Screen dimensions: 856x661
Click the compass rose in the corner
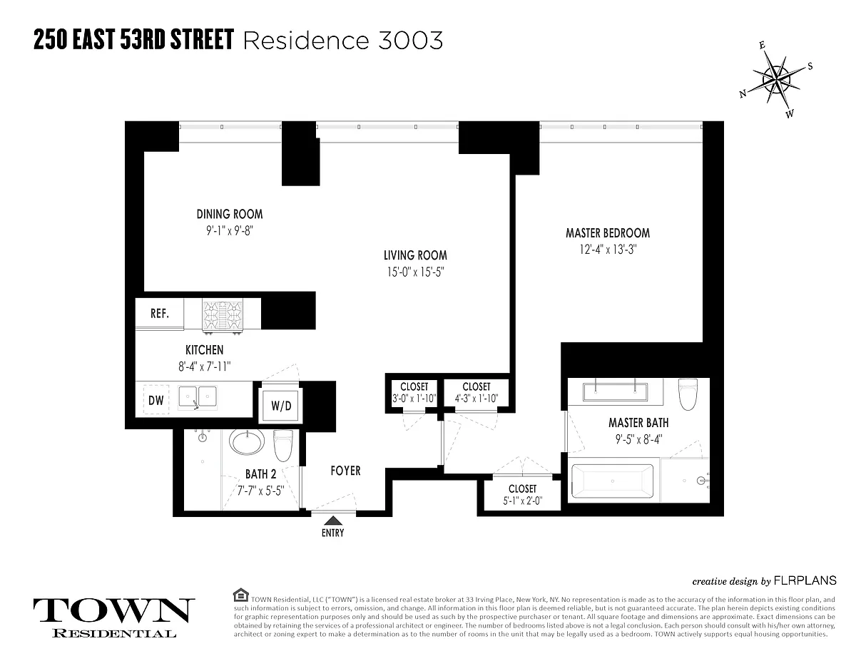point(775,80)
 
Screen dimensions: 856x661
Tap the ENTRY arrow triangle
point(333,521)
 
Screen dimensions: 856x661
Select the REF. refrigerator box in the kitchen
point(160,313)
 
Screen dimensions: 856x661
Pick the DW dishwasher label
point(156,401)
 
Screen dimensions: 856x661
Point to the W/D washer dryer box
point(281,406)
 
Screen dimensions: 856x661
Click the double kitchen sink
point(198,397)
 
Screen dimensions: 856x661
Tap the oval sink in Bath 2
point(247,441)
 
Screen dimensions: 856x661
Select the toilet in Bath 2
point(283,445)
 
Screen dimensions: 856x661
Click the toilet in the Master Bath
point(688,394)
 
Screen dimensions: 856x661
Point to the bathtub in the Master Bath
point(613,481)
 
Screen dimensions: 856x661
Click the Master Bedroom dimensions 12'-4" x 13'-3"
point(608,250)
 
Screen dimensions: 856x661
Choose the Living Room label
point(415,255)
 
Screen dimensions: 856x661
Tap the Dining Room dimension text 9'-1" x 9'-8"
point(229,231)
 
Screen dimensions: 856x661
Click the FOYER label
point(345,471)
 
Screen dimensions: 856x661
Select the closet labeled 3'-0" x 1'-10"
point(414,393)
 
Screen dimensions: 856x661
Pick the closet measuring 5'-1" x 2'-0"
point(523,494)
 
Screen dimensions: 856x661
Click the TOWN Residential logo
point(114,618)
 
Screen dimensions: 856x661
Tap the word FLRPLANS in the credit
point(805,580)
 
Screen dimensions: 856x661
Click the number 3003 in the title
point(410,41)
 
